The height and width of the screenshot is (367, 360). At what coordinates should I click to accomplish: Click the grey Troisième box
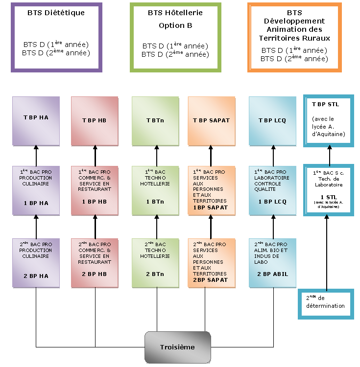pos(177,347)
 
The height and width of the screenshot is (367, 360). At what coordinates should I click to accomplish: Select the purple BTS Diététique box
pos(56,37)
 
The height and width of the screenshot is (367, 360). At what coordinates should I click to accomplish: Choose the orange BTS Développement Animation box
pos(294,37)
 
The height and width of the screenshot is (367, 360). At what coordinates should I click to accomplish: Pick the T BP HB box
pos(95,120)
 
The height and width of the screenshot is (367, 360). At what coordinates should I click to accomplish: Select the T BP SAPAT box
pos(211,120)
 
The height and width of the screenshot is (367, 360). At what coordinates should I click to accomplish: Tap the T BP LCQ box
pos(272,120)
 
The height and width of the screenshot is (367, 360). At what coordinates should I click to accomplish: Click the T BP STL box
pos(329,120)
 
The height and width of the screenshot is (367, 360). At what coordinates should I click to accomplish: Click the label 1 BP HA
pos(36,202)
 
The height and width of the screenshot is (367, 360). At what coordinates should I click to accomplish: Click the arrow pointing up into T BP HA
pos(36,156)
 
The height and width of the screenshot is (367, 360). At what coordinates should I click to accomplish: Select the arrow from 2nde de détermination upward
pos(326,252)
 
